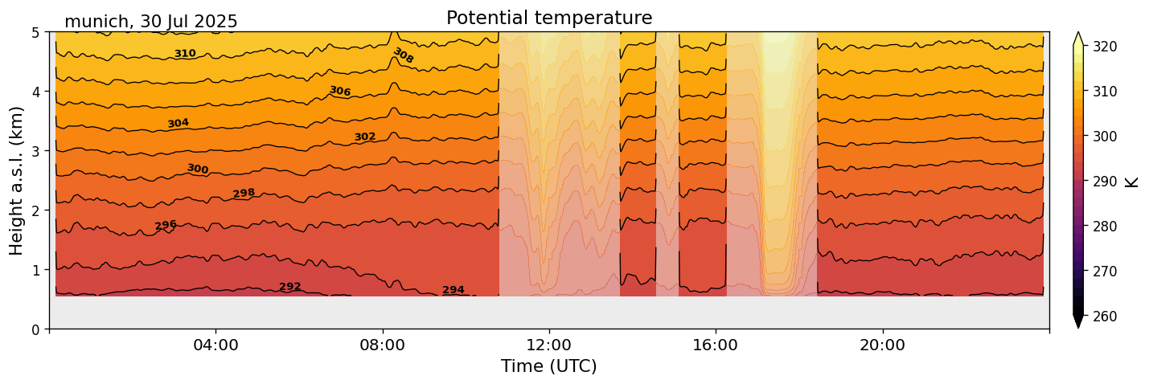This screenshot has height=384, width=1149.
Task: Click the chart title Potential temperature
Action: point(548,18)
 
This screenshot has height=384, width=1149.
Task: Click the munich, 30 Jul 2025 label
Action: point(150,22)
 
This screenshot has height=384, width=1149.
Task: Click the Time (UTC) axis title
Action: point(548,367)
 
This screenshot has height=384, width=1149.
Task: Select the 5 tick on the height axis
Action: point(36,32)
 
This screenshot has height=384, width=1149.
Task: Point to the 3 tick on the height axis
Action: point(36,151)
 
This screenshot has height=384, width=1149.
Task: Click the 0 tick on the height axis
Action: point(36,329)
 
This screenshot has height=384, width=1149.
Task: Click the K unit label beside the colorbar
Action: point(1133,182)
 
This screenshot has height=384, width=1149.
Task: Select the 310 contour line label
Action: point(185,54)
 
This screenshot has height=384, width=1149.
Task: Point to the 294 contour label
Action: point(453,290)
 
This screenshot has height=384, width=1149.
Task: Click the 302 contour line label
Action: point(365,137)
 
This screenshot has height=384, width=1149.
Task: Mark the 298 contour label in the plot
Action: point(244,194)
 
